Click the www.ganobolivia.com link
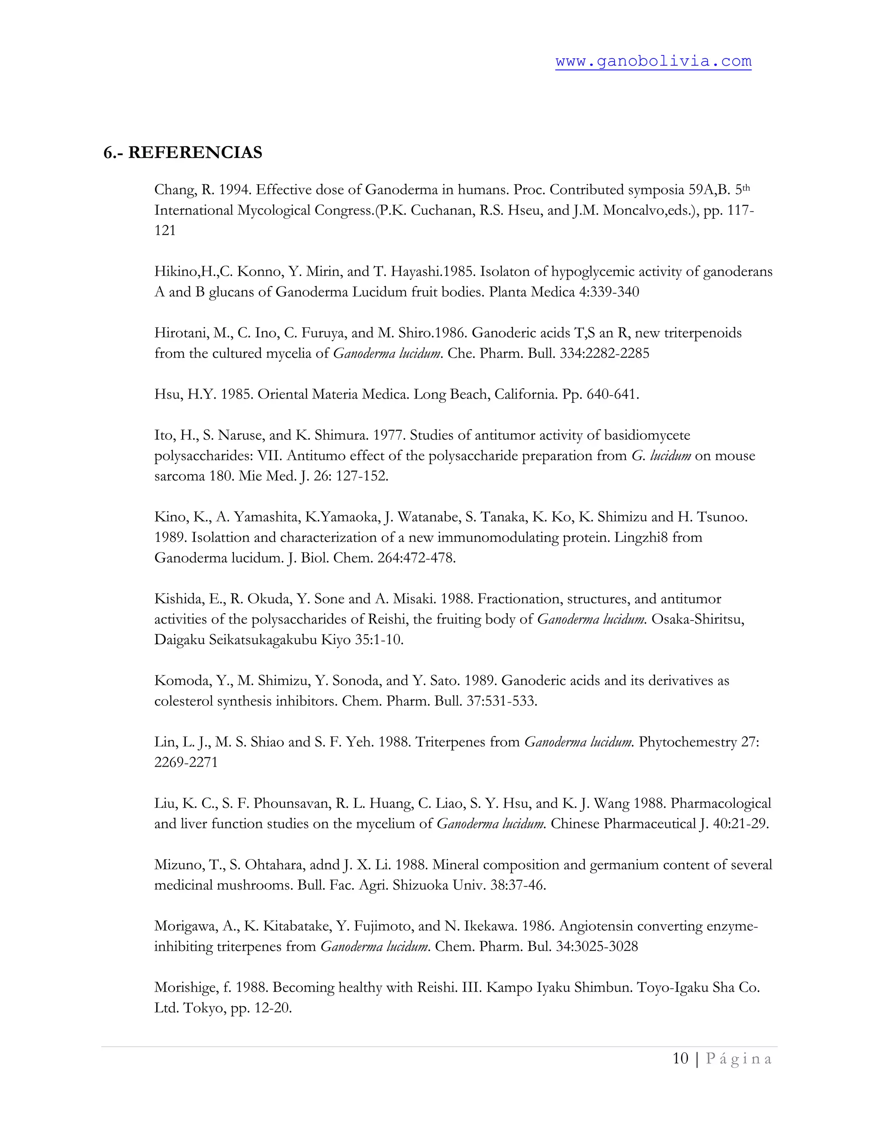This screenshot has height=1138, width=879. point(653,61)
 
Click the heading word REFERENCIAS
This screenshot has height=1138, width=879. point(195,153)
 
